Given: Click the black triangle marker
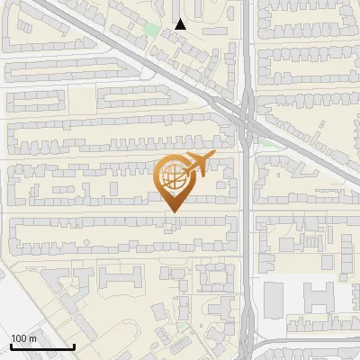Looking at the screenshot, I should tap(181, 24).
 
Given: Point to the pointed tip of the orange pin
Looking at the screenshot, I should tap(174, 212).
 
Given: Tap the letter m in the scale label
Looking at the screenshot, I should tap(33, 338).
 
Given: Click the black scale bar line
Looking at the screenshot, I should tap(43, 346).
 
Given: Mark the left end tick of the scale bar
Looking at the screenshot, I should tap(12, 345).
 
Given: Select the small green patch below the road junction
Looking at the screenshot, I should tap(265, 141).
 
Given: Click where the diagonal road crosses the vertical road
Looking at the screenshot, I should tap(246, 112).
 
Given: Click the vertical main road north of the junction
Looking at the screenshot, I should tap(246, 45).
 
